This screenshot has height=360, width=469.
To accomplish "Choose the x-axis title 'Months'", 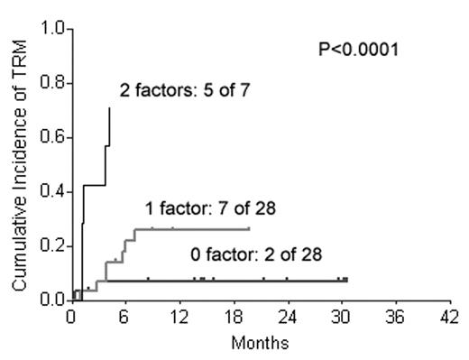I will click(259, 344).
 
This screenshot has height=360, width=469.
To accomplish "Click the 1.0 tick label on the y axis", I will click(53, 30).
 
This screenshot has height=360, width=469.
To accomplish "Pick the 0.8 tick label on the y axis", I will click(53, 84).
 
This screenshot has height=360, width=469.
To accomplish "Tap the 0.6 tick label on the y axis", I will click(53, 137).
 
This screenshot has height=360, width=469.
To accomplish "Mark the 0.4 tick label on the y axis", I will click(53, 191).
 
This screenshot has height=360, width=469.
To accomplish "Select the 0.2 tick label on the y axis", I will click(53, 245).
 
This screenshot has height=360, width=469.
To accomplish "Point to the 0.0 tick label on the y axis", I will click(53, 299).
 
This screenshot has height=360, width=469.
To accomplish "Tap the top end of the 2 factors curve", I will click(110, 107).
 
